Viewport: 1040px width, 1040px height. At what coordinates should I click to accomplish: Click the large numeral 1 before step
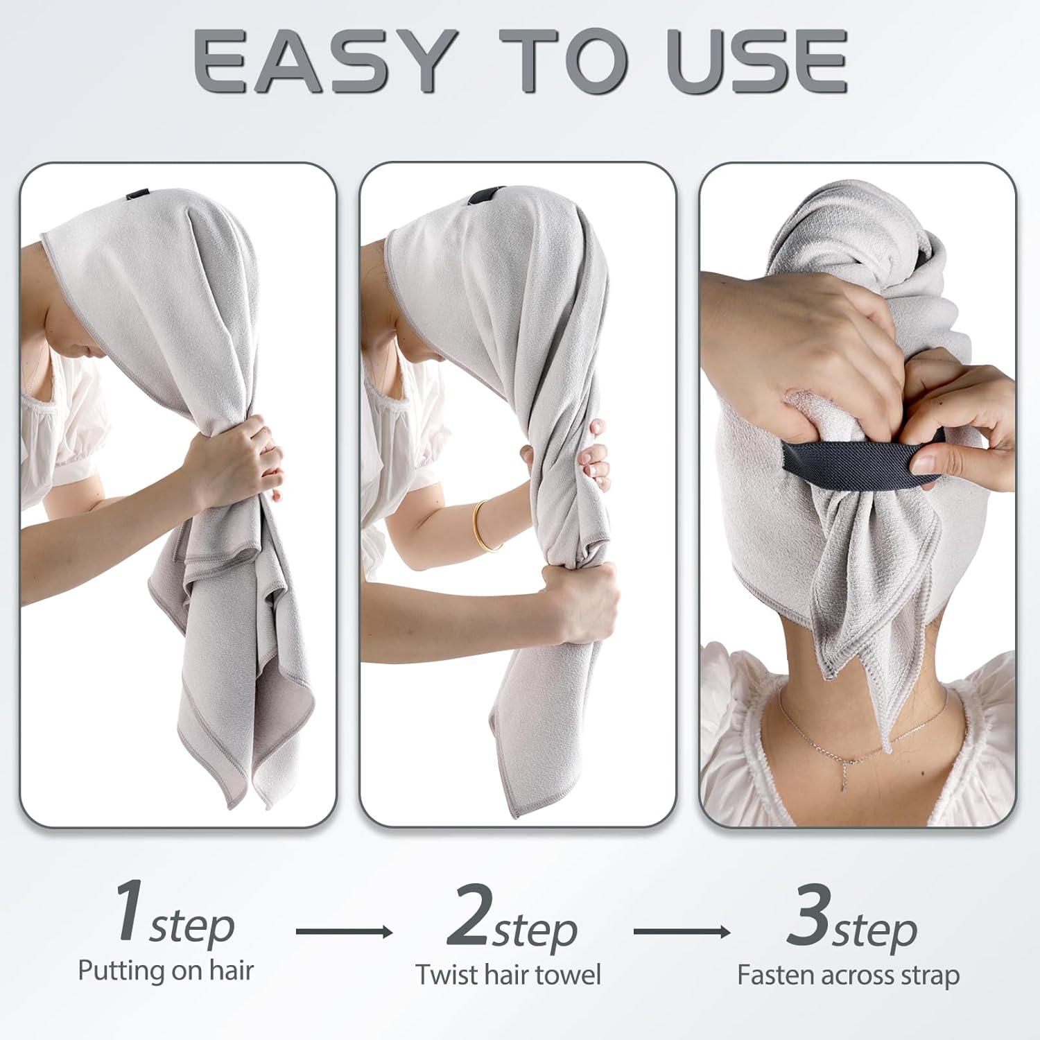coord(130,912)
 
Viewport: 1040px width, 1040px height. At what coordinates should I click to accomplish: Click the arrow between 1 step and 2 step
coord(344,931)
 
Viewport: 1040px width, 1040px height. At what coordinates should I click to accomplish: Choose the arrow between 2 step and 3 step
coord(682,931)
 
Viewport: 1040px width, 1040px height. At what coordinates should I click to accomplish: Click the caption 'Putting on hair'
coord(166,971)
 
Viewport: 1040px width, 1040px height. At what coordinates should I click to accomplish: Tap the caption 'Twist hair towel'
coord(508,975)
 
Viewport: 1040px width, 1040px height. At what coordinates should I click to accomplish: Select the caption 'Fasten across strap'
coord(848,976)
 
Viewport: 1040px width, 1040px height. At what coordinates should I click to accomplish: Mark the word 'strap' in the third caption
coord(928,976)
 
